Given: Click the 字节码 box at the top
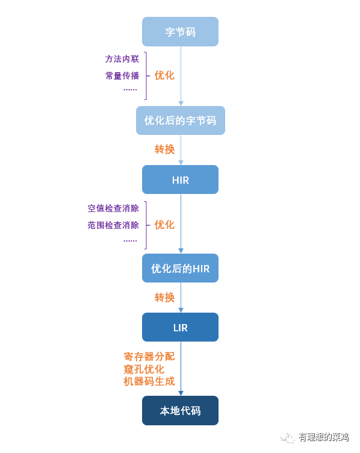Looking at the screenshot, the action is [x=180, y=31].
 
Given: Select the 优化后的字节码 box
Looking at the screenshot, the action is [x=181, y=120].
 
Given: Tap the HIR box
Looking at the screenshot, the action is [x=180, y=180].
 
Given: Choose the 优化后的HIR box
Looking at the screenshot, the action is [x=180, y=268].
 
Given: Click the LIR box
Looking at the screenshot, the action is [x=180, y=327].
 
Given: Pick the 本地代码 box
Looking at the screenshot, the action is [x=180, y=410].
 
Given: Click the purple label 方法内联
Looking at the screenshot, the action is [x=122, y=59].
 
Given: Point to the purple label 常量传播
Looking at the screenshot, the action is [x=122, y=76].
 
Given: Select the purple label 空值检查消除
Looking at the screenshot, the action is [x=113, y=208].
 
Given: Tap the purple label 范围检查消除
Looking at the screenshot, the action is [x=113, y=225].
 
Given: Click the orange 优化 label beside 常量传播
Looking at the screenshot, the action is [x=164, y=75].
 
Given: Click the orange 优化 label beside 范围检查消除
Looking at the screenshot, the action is [x=164, y=225].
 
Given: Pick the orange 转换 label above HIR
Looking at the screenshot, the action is [x=164, y=149].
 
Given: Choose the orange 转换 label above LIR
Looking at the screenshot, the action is [x=164, y=298].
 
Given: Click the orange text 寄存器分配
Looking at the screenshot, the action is [x=149, y=357].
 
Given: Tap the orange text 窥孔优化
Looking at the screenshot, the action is [x=144, y=369].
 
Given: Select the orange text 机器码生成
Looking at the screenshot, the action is [x=149, y=382].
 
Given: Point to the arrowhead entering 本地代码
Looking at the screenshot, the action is [x=181, y=393].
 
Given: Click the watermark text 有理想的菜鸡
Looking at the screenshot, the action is [x=323, y=437].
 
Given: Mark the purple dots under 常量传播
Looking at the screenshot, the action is [x=130, y=90].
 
